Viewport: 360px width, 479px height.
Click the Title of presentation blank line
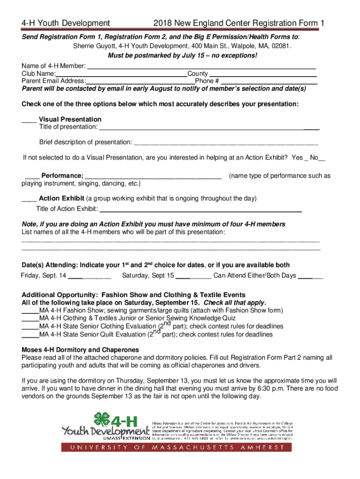pyautogui.click(x=209, y=128)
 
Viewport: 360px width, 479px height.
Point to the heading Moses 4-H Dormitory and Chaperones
pyautogui.click(x=80, y=350)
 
